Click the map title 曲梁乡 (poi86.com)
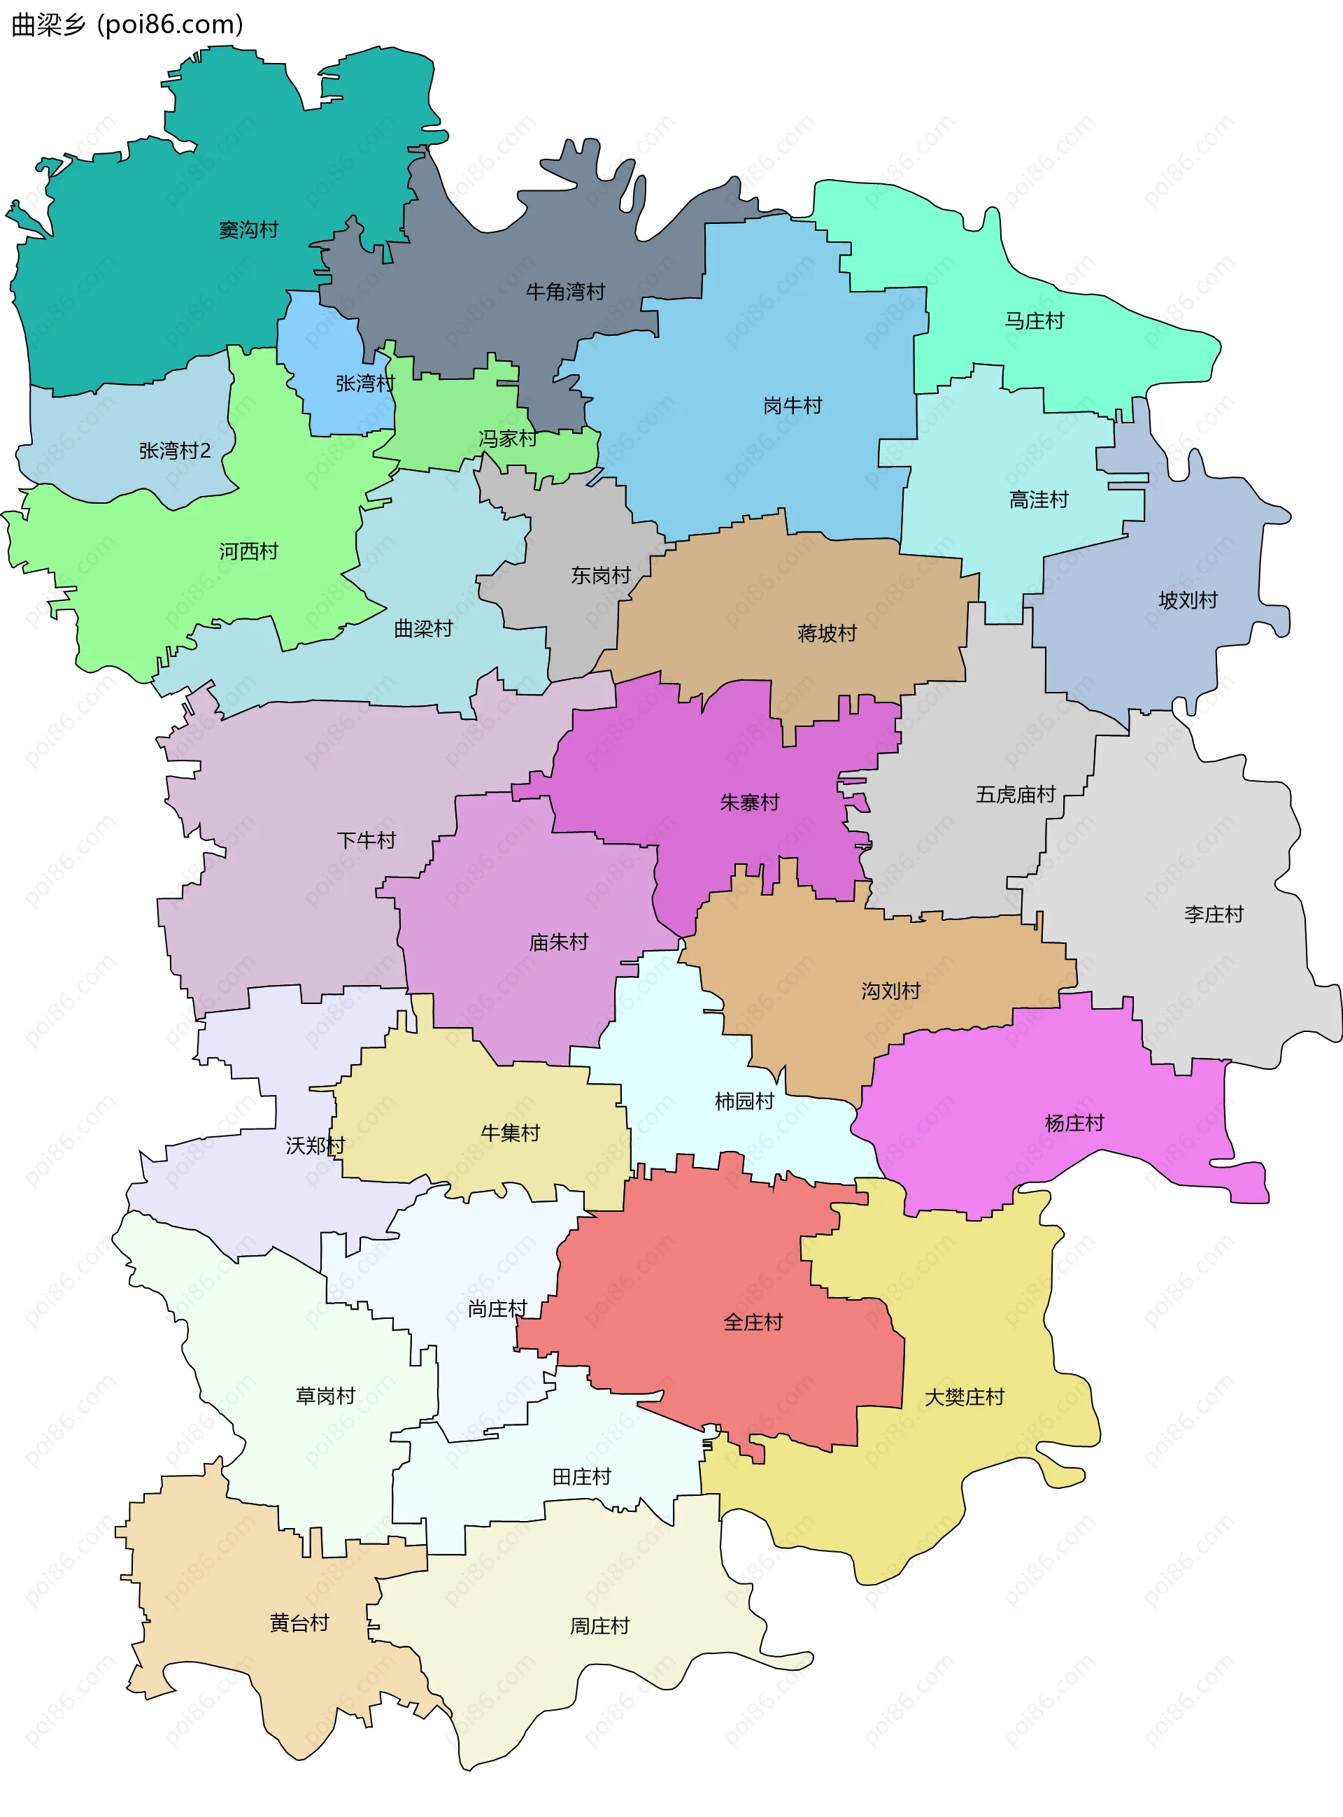coord(127,24)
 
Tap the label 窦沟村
coord(249,230)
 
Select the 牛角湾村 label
coord(566,292)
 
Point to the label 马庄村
coord(1034,321)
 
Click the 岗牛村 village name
coord(793,406)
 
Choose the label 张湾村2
coord(175,451)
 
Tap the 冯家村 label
coord(508,439)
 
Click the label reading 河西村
coord(249,551)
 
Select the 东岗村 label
coord(601,576)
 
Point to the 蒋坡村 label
coord(827,633)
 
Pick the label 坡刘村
coord(1188,601)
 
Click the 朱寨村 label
coord(750,803)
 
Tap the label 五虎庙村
coord(1016,794)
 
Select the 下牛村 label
coord(367,840)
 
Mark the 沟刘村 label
coord(891,991)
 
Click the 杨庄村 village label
coord(1074,1124)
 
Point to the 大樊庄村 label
coord(964,1397)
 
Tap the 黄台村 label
coord(299,1623)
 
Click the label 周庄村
coord(600,1626)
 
